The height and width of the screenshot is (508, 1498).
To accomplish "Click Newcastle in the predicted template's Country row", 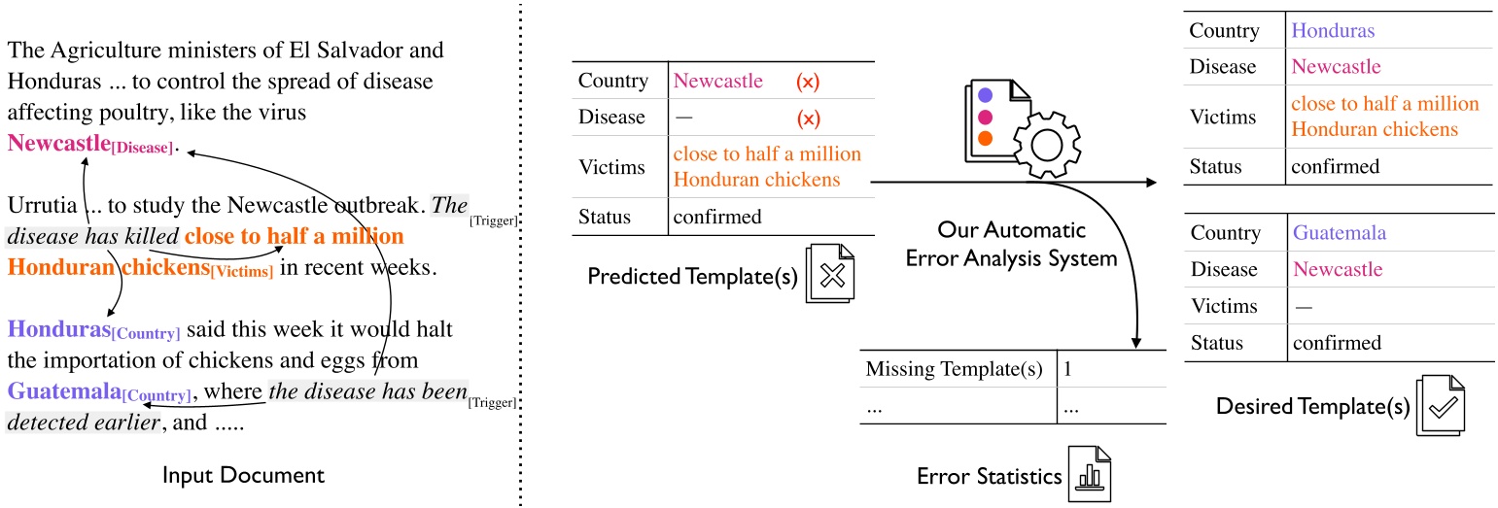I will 718,81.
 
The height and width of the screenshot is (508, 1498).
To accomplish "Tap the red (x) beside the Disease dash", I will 808,118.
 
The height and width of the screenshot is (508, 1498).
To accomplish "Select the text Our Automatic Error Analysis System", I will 1024,246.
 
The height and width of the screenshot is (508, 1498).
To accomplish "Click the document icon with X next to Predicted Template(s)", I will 829,277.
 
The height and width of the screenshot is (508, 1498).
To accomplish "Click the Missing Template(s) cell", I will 954,369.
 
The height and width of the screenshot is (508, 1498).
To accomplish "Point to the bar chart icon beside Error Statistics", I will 1089,475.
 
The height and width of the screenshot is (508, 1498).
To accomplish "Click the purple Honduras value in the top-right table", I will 1332,30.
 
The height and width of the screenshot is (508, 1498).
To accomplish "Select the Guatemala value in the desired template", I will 1338,233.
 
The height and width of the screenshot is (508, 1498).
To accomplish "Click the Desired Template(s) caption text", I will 1312,406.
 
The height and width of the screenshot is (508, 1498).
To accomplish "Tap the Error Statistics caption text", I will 989,476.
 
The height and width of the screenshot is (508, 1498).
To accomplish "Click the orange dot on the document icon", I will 985,138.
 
